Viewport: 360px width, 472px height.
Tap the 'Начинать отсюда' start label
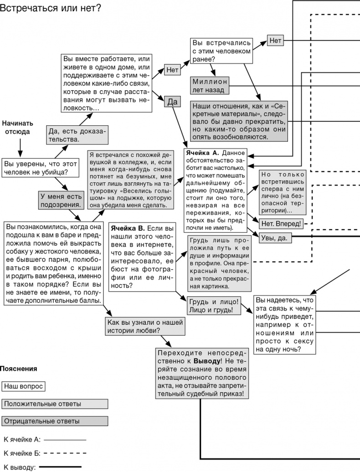point(18,127)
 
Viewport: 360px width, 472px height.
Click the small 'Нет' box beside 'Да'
point(173,70)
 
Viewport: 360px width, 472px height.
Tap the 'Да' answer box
point(173,102)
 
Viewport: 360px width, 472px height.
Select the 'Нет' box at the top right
point(275,41)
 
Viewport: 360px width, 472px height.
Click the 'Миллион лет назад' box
point(210,85)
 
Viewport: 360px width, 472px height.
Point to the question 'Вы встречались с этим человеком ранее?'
point(221,50)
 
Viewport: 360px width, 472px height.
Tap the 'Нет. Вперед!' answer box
point(281,224)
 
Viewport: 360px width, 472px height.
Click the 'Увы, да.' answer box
point(276,237)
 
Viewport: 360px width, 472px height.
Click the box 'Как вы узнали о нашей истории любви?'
point(145,327)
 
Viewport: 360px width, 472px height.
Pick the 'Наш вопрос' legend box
point(23,386)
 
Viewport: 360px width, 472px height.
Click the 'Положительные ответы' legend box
point(55,404)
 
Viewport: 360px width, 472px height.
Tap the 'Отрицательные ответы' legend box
point(55,421)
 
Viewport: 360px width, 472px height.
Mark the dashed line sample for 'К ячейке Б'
point(65,453)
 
